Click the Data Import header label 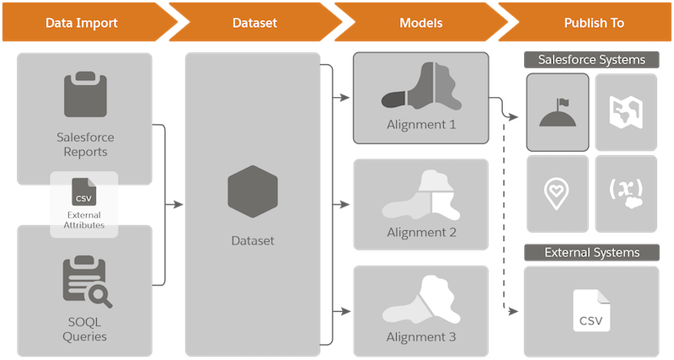(82, 23)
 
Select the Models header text (420, 23)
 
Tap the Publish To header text (594, 23)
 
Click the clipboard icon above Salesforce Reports (85, 94)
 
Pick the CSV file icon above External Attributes (83, 192)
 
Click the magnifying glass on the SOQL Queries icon (101, 296)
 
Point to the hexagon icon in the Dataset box (253, 191)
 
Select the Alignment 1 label (420, 125)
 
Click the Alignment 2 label (421, 233)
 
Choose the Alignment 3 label (420, 336)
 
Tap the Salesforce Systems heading (591, 60)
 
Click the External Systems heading (592, 252)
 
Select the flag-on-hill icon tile (558, 112)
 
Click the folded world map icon (626, 112)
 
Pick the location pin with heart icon (557, 194)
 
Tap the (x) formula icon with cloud (626, 192)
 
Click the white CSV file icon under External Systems (591, 310)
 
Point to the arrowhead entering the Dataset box (179, 204)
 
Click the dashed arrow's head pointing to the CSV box (513, 311)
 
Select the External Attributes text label (83, 220)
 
